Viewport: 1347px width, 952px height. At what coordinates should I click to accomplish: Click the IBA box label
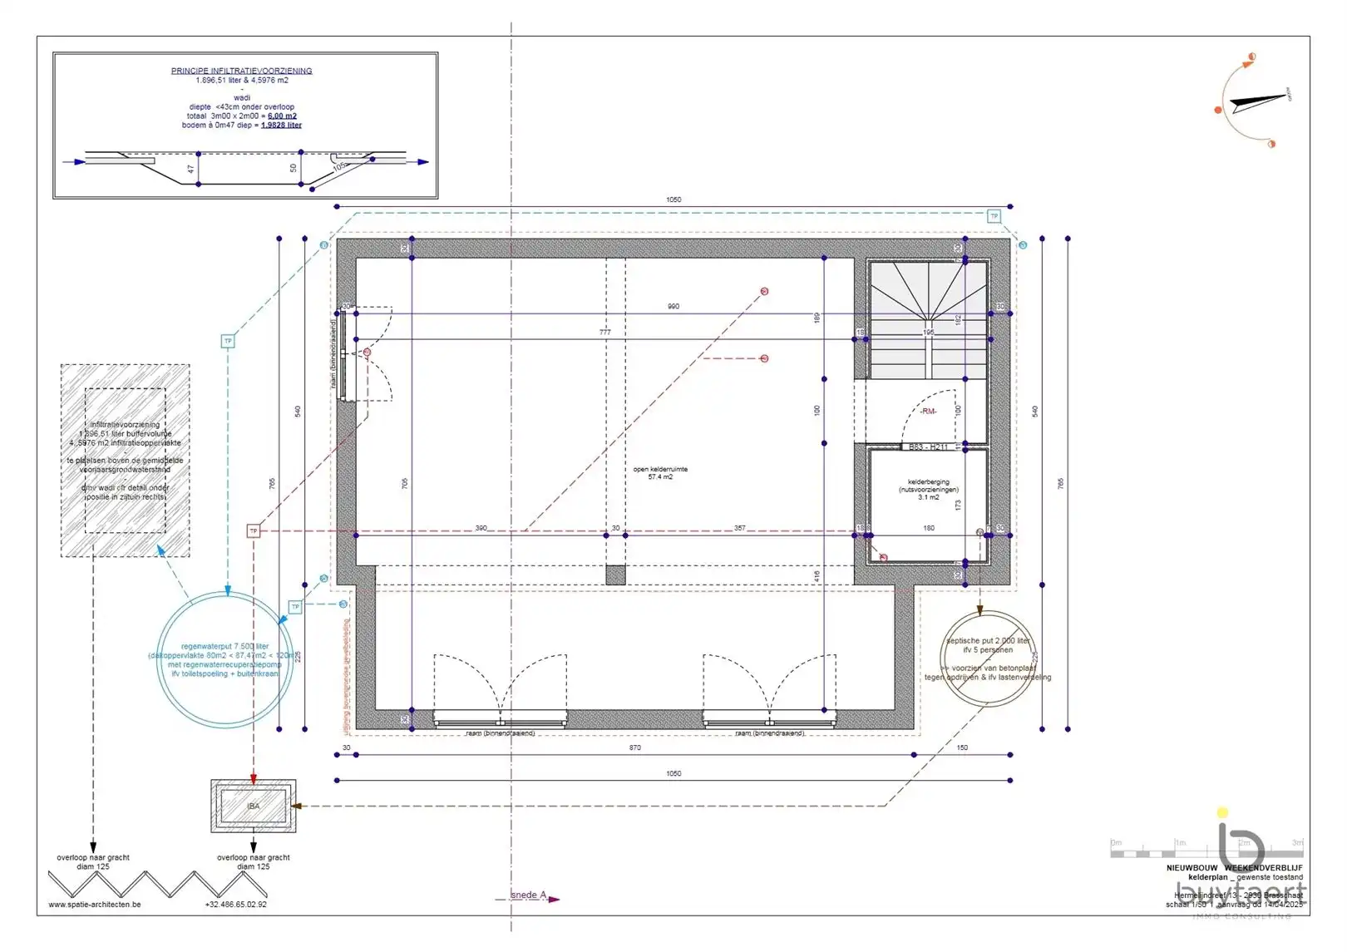(x=254, y=806)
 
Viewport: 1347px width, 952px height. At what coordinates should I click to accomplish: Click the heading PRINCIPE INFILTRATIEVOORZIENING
(x=241, y=71)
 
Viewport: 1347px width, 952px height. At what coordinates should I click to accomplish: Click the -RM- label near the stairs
(x=928, y=412)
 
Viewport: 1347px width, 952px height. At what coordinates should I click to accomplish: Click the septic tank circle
(x=988, y=659)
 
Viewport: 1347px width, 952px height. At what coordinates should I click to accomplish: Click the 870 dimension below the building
(x=634, y=747)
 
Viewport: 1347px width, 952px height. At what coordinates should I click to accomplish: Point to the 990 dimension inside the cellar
(x=673, y=306)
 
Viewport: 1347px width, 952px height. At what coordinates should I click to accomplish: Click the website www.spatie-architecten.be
(x=95, y=905)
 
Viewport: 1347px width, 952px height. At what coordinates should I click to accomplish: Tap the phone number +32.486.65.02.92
(x=236, y=905)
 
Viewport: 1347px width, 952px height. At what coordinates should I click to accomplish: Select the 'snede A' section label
(x=529, y=895)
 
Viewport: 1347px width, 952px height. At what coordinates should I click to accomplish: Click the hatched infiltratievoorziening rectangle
(x=125, y=460)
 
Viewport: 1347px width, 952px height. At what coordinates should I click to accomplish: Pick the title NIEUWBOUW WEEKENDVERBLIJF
(x=1234, y=867)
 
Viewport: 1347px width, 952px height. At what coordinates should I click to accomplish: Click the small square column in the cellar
(x=615, y=575)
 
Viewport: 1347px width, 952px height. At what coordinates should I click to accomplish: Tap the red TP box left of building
(x=254, y=530)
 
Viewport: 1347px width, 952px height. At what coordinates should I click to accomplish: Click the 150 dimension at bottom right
(x=962, y=747)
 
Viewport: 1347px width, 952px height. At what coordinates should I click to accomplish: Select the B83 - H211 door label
(x=928, y=447)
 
